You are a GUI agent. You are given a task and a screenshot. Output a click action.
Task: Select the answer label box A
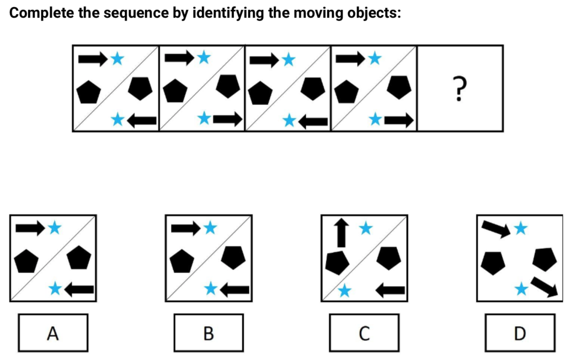pos(52,332)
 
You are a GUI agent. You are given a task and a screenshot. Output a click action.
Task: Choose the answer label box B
pos(208,332)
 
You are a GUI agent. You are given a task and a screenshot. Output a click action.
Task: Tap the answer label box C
pos(364,332)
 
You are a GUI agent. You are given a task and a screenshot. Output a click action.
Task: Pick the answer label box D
pos(519,332)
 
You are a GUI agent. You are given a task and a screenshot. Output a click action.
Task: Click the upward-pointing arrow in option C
pos(342,232)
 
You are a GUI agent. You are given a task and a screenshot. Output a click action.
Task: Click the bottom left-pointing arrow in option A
pos(79,288)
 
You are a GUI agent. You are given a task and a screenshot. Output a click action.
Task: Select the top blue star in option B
pos(210,228)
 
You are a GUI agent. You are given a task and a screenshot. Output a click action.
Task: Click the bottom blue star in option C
pos(344,291)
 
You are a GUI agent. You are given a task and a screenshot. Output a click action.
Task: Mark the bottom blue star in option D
pos(520,288)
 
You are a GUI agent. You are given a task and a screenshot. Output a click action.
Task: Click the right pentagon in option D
pos(544,259)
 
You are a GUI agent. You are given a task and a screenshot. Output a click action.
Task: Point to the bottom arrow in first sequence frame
pos(141,120)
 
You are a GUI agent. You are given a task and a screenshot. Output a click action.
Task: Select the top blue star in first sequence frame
pos(117,58)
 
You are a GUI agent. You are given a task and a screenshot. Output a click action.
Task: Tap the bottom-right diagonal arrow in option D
pos(545,287)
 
